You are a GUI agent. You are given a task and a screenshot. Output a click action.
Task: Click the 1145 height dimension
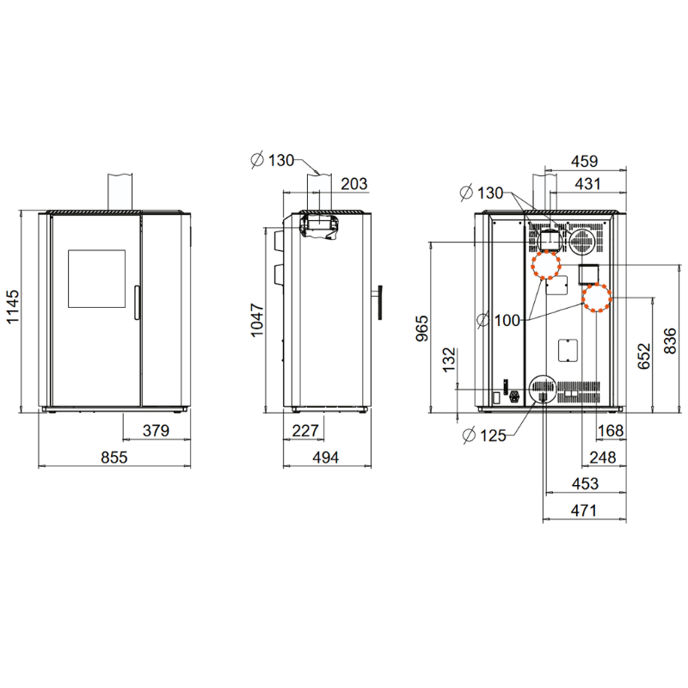[13, 306]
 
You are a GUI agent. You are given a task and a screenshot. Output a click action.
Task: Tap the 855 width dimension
[114, 458]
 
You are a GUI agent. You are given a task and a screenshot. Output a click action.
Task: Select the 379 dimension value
[156, 431]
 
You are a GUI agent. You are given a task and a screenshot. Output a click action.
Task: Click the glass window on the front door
[96, 279]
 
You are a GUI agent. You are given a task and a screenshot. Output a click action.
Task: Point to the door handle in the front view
[137, 303]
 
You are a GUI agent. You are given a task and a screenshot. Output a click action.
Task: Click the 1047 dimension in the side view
[257, 320]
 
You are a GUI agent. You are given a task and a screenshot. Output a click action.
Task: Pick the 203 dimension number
[354, 184]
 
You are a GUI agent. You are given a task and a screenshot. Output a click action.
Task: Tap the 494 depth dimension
[326, 458]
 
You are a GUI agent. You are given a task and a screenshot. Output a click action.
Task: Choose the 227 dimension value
[305, 431]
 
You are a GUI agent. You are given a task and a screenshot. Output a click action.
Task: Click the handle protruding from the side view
[378, 303]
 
